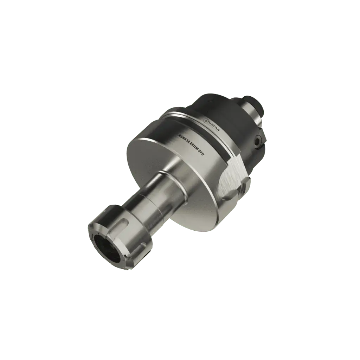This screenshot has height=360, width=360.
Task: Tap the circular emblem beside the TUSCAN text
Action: (207, 121)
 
